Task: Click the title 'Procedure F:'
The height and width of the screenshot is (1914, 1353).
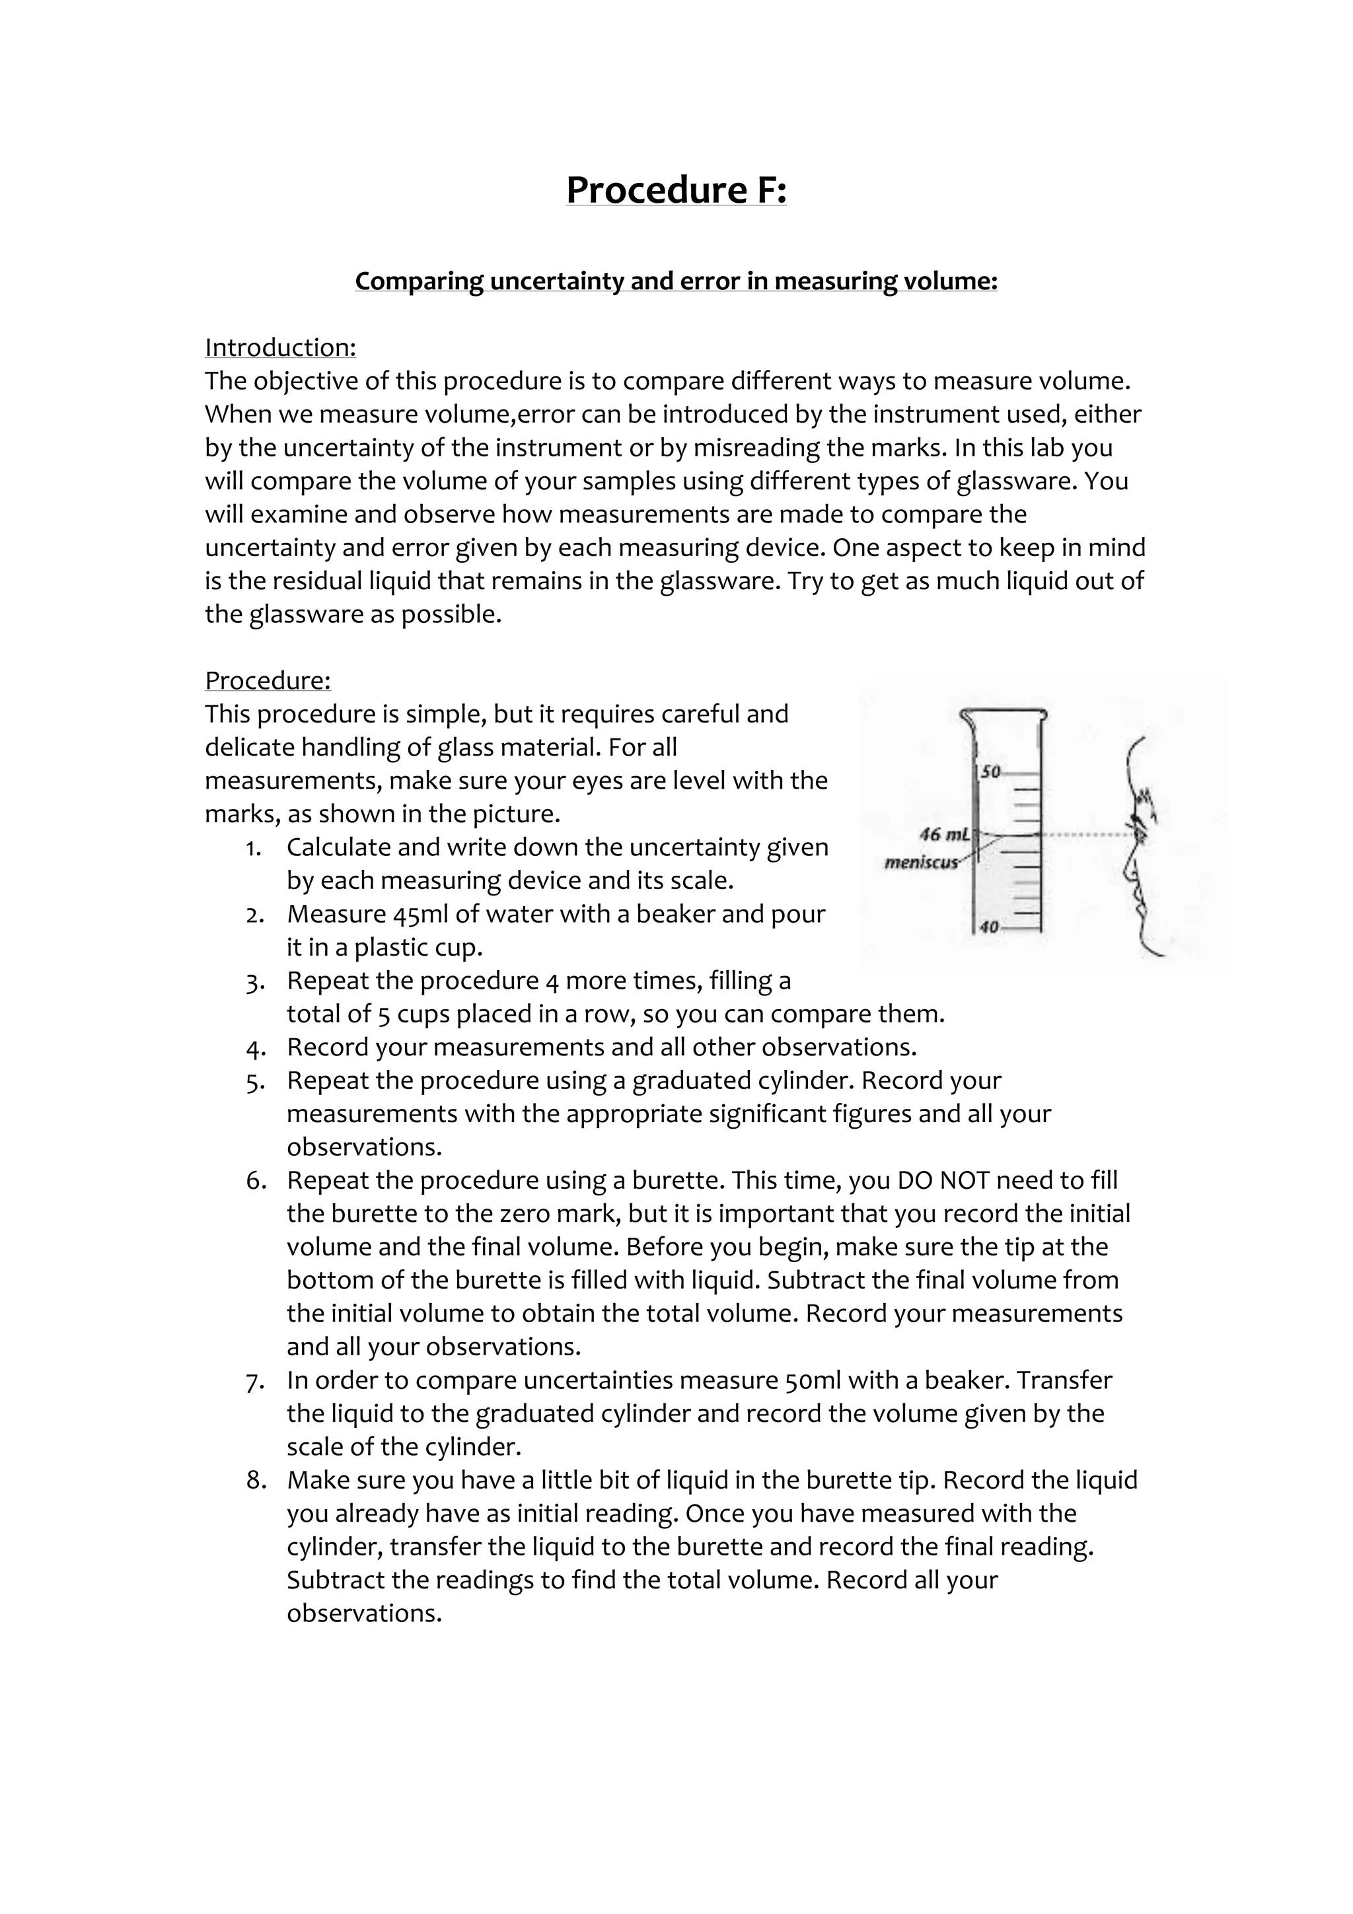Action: tap(675, 190)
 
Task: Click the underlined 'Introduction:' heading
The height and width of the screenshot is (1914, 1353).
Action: tap(280, 347)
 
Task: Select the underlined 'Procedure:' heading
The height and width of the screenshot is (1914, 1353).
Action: tap(268, 680)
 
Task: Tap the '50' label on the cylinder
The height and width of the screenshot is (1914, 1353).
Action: tap(990, 772)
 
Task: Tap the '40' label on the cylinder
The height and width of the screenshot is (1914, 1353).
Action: tap(989, 927)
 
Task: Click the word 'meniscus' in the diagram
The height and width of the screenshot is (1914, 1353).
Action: tap(920, 862)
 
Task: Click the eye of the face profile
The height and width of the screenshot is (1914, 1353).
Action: tap(1137, 832)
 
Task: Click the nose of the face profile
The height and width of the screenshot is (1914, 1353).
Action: tap(1126, 872)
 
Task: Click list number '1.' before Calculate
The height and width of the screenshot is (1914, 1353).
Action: tap(254, 848)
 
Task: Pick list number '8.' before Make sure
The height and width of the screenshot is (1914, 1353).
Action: tap(255, 1481)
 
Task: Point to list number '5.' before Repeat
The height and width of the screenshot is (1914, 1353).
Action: tap(255, 1081)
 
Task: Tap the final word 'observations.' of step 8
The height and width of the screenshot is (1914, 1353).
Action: tap(363, 1615)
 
